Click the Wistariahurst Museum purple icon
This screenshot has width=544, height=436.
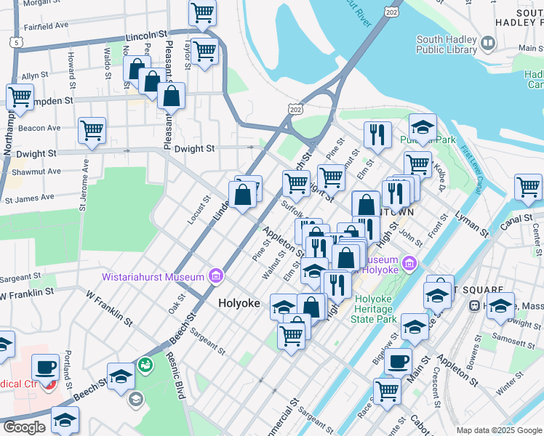point(215,276)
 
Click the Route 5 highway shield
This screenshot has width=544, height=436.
point(16,43)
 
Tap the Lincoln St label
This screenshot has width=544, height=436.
point(146,34)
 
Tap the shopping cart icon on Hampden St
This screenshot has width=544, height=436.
point(20,96)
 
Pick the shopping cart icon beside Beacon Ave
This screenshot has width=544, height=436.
point(92,131)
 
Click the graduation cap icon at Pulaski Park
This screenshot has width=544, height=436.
point(423,126)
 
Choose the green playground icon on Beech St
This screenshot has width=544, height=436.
point(145,364)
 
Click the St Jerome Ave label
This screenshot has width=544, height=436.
point(84,190)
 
